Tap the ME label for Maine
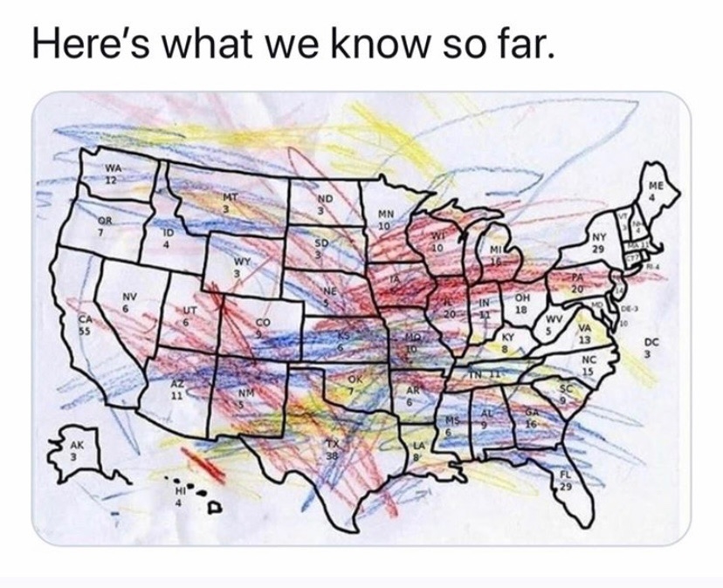coord(656,187)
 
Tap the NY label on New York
coord(598,237)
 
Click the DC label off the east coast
coord(649,344)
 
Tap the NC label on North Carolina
coord(587,359)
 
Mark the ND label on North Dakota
coord(324,201)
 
